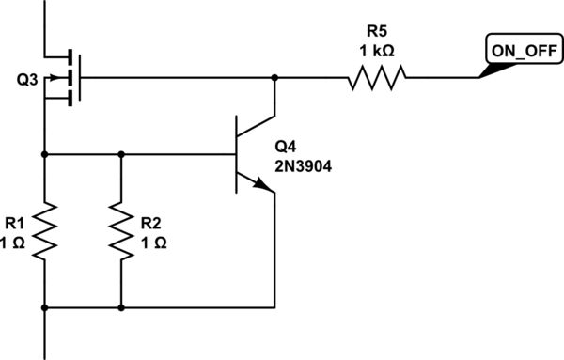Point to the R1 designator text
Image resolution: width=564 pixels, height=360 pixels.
15,223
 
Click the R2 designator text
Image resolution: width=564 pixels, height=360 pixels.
150,223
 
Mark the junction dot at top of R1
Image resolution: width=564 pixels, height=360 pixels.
44,152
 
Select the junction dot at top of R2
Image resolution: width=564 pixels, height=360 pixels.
121,152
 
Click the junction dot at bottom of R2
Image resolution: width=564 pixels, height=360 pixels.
121,307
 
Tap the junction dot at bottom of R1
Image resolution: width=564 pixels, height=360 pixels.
44,307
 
